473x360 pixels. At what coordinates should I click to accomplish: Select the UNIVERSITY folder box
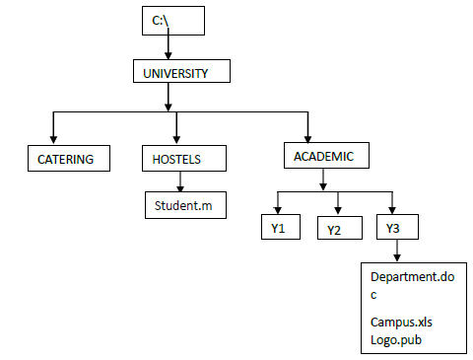click(182, 73)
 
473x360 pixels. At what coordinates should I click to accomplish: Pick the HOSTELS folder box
click(184, 158)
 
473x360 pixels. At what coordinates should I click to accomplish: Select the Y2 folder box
click(337, 229)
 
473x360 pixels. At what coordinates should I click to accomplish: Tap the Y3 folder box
click(394, 228)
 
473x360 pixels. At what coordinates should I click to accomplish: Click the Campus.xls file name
click(402, 323)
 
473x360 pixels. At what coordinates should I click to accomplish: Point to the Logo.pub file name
click(396, 339)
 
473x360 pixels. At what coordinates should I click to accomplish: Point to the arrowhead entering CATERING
click(52, 138)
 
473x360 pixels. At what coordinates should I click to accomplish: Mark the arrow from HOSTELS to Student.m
click(180, 180)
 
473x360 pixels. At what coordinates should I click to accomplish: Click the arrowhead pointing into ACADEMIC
click(308, 137)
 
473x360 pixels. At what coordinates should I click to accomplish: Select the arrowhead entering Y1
click(278, 210)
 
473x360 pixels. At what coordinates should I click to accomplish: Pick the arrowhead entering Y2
click(338, 210)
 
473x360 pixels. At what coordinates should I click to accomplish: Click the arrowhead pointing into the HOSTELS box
click(176, 138)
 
